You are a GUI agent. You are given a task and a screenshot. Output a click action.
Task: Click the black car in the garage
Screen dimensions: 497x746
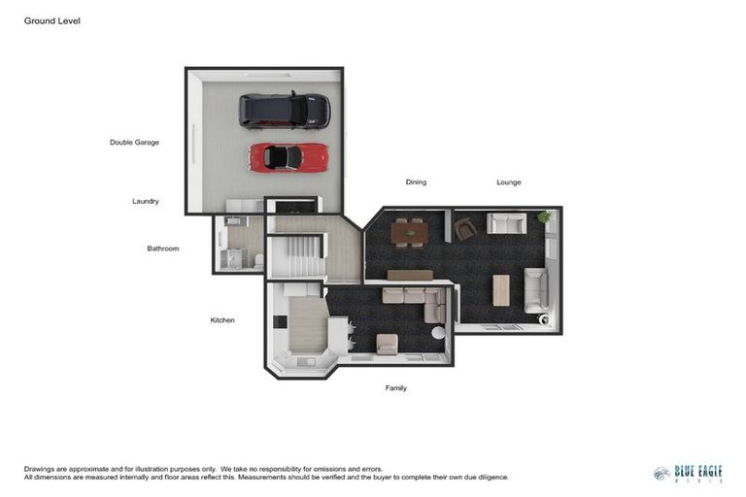coord(285,111)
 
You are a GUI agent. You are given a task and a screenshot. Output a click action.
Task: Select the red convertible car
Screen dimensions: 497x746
coord(288,156)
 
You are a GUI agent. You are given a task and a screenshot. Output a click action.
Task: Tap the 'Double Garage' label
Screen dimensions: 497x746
coord(134,143)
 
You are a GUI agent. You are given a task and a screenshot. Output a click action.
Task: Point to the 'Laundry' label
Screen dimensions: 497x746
coord(146,202)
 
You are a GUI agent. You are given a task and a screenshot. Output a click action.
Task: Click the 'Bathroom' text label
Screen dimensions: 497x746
coord(163,248)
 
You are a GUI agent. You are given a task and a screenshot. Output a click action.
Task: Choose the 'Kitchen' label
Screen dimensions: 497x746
coord(222,320)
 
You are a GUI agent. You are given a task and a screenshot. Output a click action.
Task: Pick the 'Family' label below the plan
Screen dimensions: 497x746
coord(395,388)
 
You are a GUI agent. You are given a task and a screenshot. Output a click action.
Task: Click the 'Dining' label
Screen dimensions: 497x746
coord(416,182)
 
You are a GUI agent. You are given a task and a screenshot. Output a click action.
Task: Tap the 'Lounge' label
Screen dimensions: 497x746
coord(509,182)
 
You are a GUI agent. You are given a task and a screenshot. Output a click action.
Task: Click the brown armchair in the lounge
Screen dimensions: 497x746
coord(465,229)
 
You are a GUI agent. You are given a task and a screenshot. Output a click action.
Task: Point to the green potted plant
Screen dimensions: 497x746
coord(544,216)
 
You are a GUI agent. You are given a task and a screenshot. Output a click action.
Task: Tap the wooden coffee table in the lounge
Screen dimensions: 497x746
coord(501,289)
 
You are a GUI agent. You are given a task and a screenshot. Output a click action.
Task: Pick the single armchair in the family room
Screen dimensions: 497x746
coord(387,344)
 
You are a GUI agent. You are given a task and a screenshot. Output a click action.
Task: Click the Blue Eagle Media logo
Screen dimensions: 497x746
coord(688,474)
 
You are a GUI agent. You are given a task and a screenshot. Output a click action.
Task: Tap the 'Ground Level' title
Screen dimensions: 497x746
coord(52,20)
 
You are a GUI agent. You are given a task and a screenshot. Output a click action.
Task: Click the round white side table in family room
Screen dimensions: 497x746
coord(438,332)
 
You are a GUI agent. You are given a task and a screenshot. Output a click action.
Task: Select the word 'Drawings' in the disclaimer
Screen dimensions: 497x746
coord(40,469)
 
